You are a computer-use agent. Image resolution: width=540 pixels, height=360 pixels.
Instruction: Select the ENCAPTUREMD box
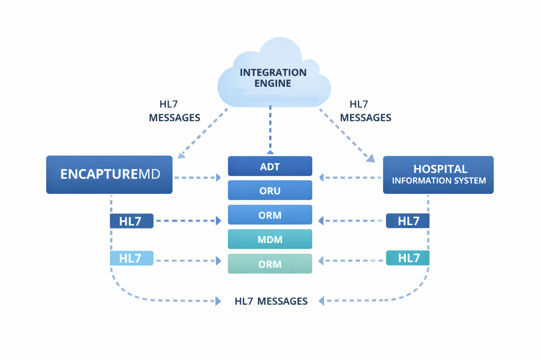point(109,175)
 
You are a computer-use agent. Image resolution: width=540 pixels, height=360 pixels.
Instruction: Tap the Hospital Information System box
point(438,175)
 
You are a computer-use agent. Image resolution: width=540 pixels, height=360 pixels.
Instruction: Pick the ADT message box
point(270,166)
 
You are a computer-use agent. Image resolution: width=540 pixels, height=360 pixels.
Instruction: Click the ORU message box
point(270,191)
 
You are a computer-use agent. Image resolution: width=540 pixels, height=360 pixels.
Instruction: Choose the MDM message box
point(270,239)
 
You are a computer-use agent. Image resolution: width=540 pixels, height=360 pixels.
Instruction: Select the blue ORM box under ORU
point(270,215)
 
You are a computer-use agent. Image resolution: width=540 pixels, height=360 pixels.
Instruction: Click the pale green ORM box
point(270,264)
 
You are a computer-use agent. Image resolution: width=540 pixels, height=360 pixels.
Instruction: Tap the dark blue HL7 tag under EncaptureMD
point(131,221)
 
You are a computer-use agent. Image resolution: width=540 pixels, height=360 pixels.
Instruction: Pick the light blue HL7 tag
point(131,258)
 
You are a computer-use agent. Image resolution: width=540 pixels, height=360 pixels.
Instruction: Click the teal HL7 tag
point(408,258)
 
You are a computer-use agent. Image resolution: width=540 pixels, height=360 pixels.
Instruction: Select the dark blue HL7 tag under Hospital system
point(408,221)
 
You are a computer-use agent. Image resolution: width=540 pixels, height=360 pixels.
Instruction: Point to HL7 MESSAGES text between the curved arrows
point(271,301)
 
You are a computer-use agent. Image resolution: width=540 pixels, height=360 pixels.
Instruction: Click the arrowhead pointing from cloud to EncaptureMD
point(181,155)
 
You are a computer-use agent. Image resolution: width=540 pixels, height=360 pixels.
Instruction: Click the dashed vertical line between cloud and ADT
point(270,128)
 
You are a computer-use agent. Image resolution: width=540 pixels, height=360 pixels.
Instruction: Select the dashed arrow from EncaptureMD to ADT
point(197,178)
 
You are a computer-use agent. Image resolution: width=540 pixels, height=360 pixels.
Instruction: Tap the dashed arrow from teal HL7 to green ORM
point(352,261)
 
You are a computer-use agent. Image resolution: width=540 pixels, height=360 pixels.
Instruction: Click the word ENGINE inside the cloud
point(273,83)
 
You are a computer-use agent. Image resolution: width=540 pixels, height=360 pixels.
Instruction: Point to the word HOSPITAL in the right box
point(440,169)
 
